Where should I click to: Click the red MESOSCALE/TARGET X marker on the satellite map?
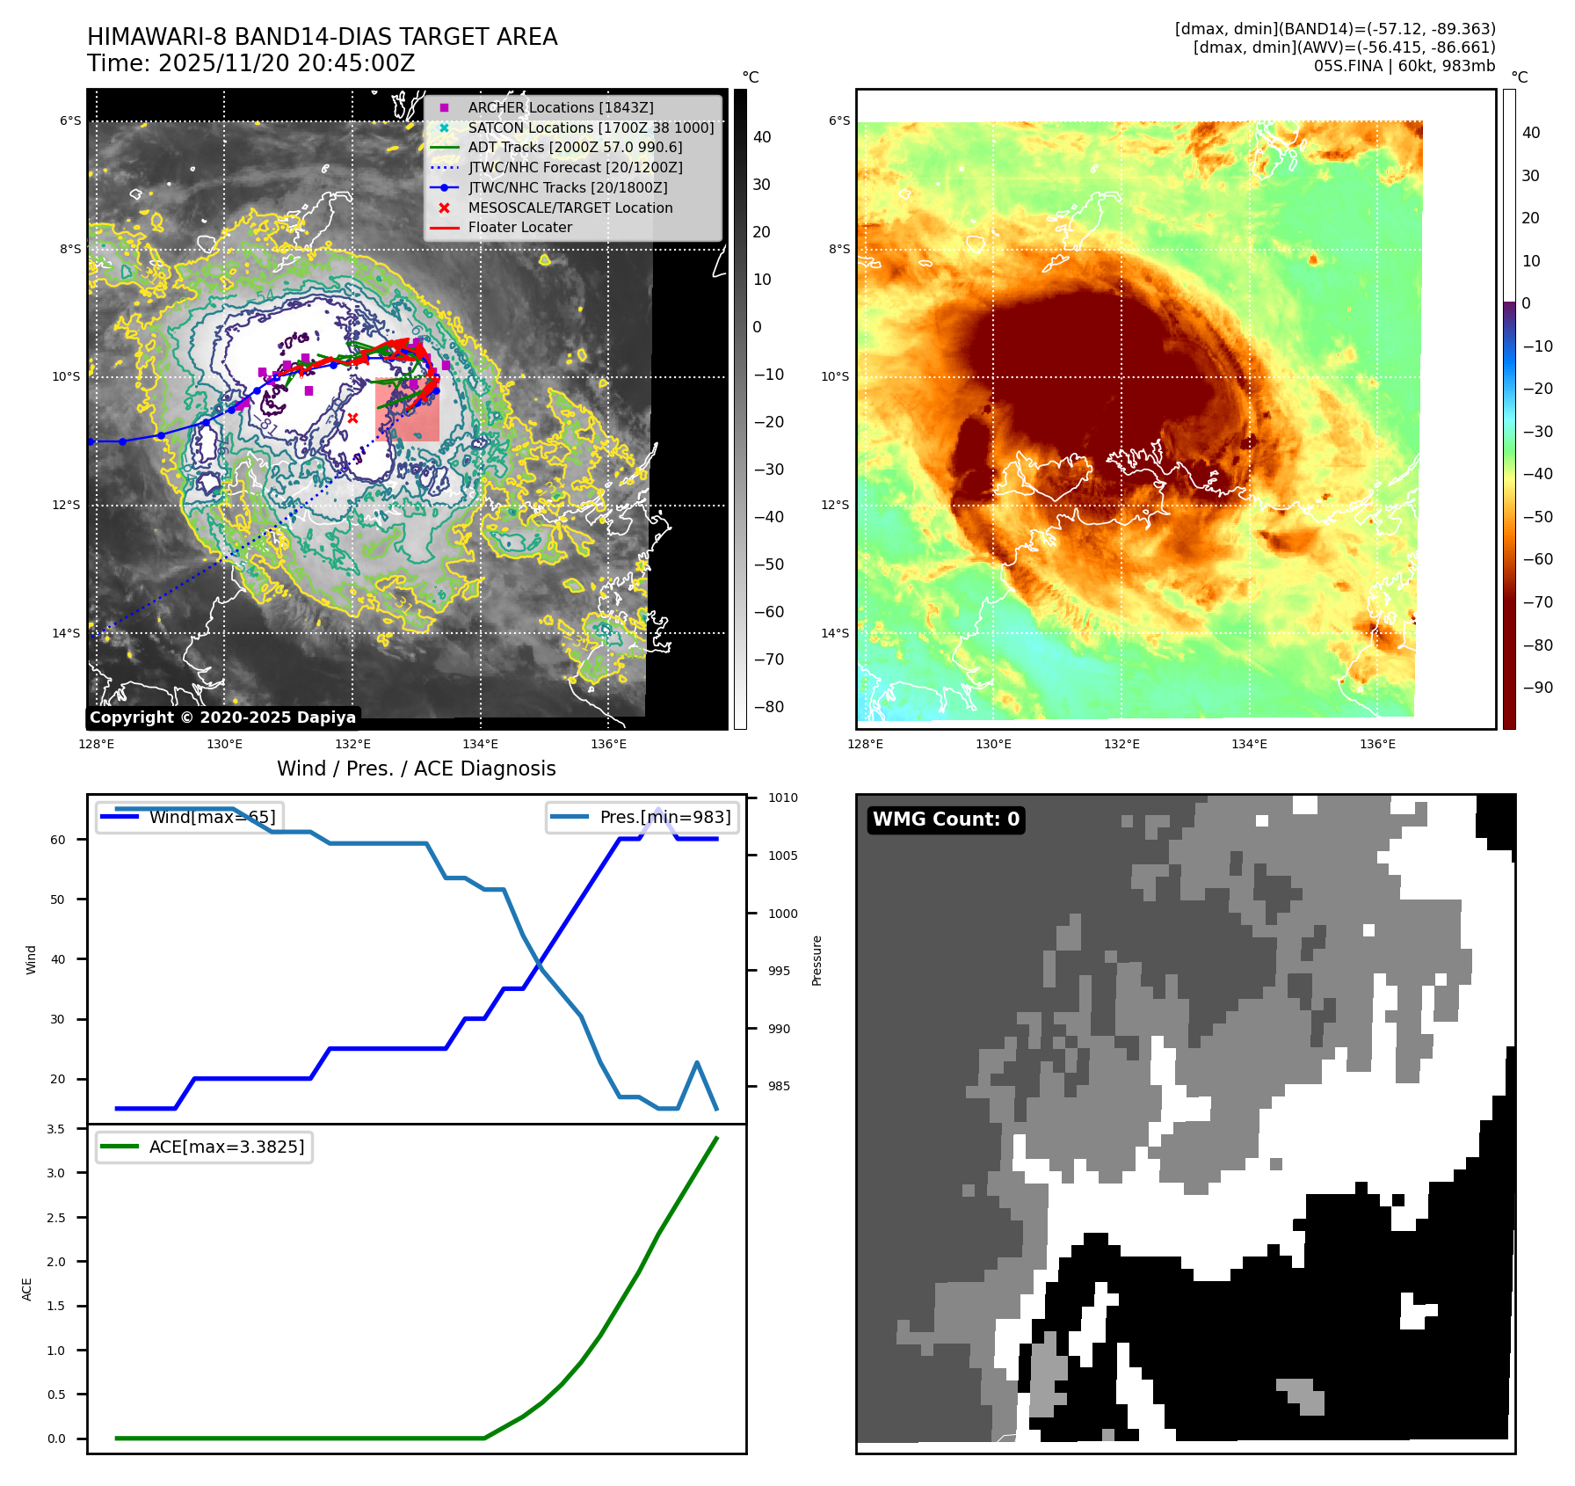tap(352, 419)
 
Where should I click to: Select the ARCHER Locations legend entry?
tap(560, 107)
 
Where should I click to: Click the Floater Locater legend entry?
tap(519, 227)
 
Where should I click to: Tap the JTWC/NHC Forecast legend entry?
tap(575, 167)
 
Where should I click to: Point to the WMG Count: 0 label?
tap(946, 819)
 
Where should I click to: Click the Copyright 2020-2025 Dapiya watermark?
tap(222, 718)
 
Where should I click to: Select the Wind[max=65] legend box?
tap(190, 817)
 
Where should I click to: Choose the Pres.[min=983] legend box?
tap(642, 817)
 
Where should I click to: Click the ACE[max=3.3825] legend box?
tap(204, 1147)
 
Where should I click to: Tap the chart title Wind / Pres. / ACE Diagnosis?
tap(416, 768)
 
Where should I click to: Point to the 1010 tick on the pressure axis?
tap(782, 798)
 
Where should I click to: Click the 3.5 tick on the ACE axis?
tap(56, 1129)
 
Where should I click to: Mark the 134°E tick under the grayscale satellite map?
tap(480, 744)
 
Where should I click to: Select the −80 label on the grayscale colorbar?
tap(768, 707)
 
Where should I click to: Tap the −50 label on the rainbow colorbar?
tap(1537, 516)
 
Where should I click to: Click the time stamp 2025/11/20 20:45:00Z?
tap(250, 63)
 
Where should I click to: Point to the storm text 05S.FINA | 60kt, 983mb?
tap(1404, 66)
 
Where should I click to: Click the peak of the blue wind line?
tap(658, 810)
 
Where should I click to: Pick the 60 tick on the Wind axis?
tap(58, 840)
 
